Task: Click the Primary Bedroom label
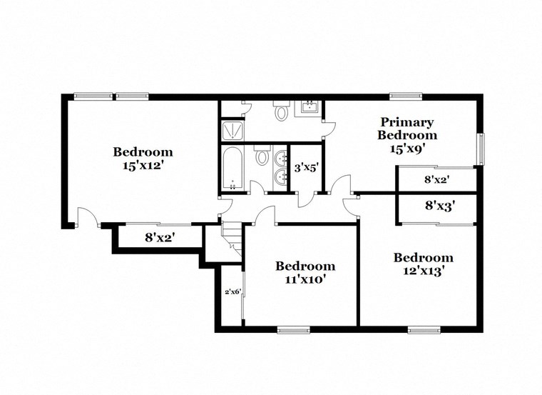(407, 128)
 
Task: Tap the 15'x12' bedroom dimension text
(143, 164)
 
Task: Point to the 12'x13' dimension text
(423, 271)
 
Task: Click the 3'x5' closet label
(307, 169)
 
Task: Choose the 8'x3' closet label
(440, 206)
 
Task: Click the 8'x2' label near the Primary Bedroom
(437, 179)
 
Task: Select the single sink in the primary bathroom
(310, 109)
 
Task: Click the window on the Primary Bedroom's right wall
(481, 149)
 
